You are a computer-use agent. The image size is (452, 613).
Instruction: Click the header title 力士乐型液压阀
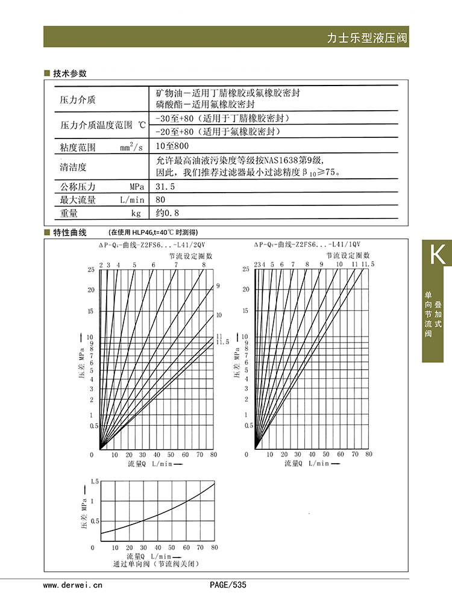click(366, 38)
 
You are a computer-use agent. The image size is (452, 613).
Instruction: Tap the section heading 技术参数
click(70, 73)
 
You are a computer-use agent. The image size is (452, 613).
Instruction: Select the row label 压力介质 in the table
click(78, 99)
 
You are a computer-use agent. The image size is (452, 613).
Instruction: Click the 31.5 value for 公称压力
click(165, 187)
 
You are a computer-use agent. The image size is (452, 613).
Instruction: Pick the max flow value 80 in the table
click(160, 199)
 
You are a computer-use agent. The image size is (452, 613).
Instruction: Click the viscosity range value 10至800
click(172, 146)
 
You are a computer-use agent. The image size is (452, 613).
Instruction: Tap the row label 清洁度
click(74, 167)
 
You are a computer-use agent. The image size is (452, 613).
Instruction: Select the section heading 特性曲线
click(70, 232)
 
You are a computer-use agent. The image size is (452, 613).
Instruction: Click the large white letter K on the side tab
click(437, 255)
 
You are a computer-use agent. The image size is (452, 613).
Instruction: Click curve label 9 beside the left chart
click(218, 285)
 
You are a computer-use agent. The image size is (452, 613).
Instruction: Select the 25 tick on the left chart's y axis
click(91, 269)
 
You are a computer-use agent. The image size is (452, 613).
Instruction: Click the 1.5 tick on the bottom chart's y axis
click(92, 482)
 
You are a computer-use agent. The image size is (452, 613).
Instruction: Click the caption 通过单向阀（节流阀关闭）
click(155, 564)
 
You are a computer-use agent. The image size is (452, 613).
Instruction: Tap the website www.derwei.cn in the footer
click(74, 585)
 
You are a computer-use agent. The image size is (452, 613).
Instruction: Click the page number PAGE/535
click(228, 585)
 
